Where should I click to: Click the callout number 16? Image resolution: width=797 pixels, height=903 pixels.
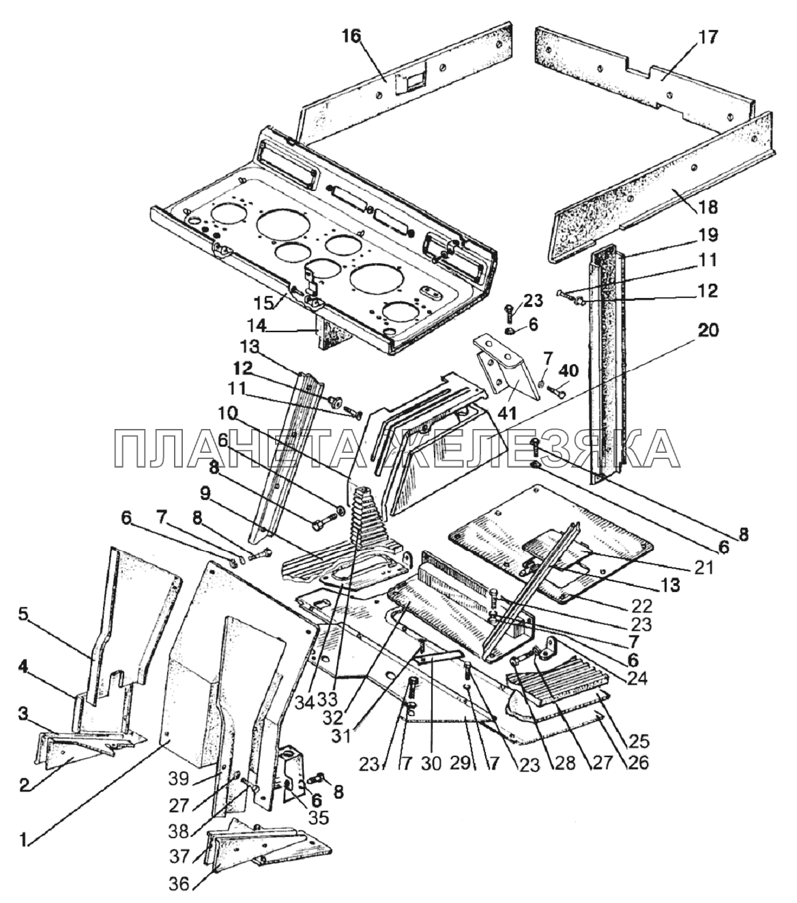pos(351,37)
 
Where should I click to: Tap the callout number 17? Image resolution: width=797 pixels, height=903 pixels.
pos(708,37)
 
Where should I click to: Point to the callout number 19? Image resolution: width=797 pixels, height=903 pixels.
pos(708,235)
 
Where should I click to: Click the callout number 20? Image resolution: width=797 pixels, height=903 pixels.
pos(709,331)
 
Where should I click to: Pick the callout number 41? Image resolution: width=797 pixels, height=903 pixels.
pos(507,413)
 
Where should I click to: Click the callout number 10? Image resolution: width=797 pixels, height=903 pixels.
pos(228,413)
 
